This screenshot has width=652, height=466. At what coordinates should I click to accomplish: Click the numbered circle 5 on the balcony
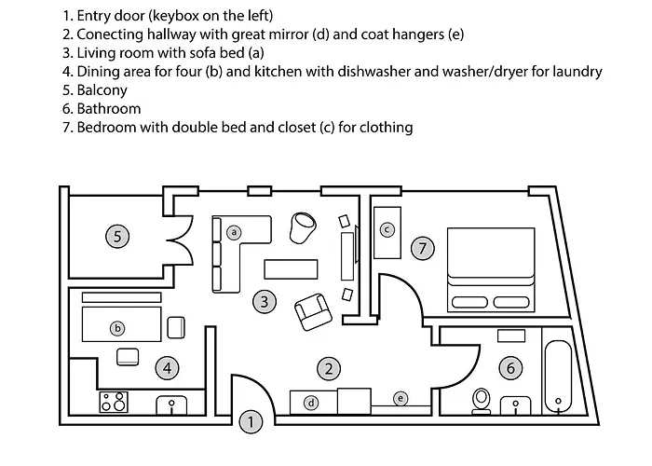pyautogui.click(x=117, y=237)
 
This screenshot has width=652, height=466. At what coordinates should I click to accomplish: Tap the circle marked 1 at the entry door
pyautogui.click(x=251, y=422)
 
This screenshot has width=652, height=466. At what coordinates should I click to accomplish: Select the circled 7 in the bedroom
pyautogui.click(x=423, y=249)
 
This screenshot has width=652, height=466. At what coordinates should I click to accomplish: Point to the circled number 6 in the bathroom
pyautogui.click(x=510, y=368)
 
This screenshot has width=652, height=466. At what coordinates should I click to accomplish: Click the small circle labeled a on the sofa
pyautogui.click(x=234, y=232)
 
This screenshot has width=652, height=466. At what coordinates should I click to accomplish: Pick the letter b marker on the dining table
pyautogui.click(x=117, y=328)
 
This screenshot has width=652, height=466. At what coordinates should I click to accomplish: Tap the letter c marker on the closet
pyautogui.click(x=387, y=229)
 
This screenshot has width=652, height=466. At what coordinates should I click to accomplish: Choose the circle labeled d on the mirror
pyautogui.click(x=311, y=403)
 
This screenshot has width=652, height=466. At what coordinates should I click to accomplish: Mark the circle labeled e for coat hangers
pyautogui.click(x=401, y=399)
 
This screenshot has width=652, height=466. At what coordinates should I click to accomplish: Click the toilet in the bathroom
pyautogui.click(x=482, y=401)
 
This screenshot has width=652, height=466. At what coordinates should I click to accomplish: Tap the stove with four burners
pyautogui.click(x=114, y=402)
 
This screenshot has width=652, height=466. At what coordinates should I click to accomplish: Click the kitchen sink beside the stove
pyautogui.click(x=171, y=405)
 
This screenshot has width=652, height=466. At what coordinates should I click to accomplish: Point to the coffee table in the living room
pyautogui.click(x=291, y=269)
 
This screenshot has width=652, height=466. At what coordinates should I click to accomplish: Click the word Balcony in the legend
pyautogui.click(x=102, y=89)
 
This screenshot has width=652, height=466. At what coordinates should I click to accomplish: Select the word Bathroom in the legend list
pyautogui.click(x=109, y=109)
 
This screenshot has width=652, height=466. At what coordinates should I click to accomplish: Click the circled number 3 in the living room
pyautogui.click(x=265, y=302)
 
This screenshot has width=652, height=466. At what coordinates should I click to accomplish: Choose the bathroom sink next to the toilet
pyautogui.click(x=516, y=405)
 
